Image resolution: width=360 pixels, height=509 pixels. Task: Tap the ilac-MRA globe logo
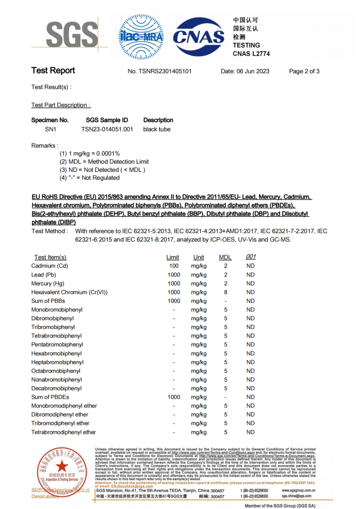click(x=141, y=37)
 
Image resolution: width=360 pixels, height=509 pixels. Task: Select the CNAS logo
click(x=199, y=37)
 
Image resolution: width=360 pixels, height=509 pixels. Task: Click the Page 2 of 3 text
click(x=304, y=71)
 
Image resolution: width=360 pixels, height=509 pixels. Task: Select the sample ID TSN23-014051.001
click(x=107, y=129)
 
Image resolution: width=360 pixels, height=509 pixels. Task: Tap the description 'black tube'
click(x=157, y=129)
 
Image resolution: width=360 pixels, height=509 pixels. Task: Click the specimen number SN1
click(x=51, y=129)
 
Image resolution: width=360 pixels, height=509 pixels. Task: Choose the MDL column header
click(x=225, y=257)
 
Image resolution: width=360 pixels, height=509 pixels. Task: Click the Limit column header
click(x=173, y=257)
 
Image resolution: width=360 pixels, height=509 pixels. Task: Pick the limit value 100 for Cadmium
click(x=174, y=266)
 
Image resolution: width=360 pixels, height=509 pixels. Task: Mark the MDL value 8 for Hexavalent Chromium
click(x=226, y=292)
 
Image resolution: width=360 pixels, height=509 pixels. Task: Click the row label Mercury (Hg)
click(x=48, y=284)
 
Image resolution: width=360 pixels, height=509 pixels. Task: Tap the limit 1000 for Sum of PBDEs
click(x=174, y=397)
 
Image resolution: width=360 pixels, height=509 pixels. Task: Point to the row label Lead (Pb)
click(x=44, y=275)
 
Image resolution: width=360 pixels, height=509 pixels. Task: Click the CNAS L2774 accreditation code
click(x=251, y=54)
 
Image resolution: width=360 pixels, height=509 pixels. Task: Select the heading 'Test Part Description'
click(x=61, y=105)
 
